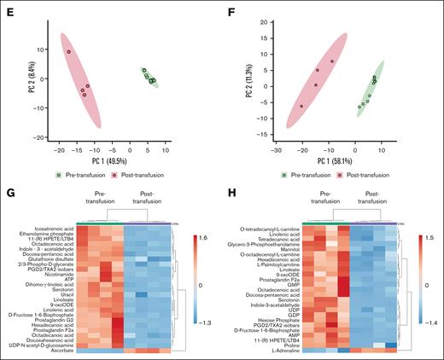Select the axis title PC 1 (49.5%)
tap(111, 159)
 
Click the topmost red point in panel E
tap(69, 52)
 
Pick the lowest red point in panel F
tap(301, 106)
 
